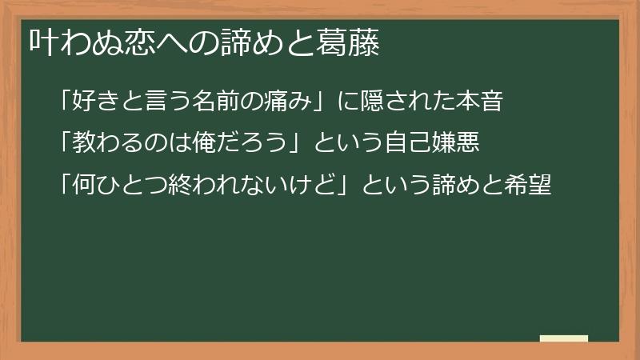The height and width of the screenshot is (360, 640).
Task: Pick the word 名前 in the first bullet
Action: (x=212, y=102)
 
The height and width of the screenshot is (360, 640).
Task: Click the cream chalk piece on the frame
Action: (x=564, y=338)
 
